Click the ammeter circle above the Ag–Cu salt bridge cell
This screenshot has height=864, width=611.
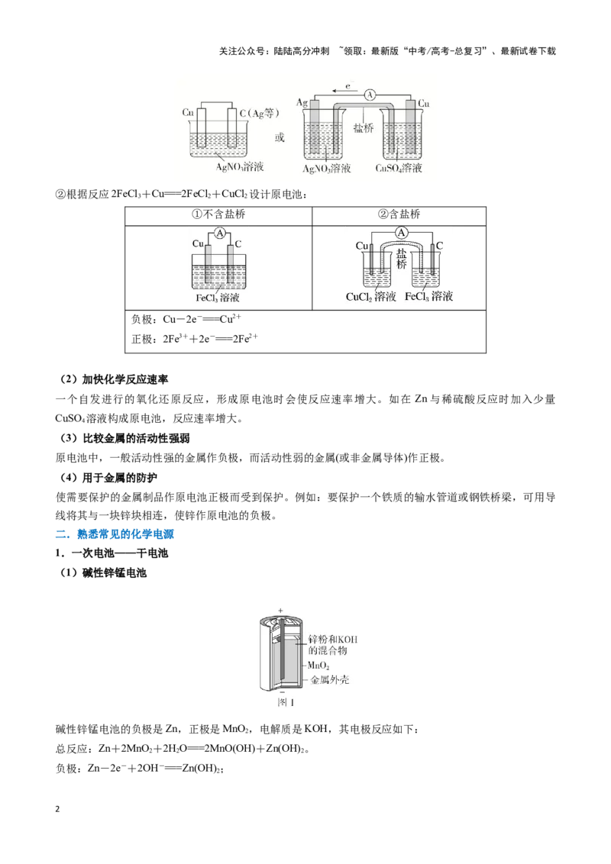click(x=370, y=95)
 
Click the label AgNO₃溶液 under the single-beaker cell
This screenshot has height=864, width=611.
click(x=239, y=166)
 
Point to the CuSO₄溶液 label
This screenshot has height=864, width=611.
click(x=398, y=168)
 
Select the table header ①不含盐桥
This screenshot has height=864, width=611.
click(x=218, y=214)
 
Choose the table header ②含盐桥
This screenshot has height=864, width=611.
click(x=399, y=214)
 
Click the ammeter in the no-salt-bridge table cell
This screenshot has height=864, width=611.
click(x=220, y=234)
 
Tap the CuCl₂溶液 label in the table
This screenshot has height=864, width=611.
click(x=370, y=297)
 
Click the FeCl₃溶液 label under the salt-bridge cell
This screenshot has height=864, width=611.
click(x=428, y=296)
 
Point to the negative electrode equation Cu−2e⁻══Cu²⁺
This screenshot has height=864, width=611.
click(x=186, y=319)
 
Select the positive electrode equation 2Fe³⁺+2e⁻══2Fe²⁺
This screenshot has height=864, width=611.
click(x=194, y=339)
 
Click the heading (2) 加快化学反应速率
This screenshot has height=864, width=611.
click(x=114, y=379)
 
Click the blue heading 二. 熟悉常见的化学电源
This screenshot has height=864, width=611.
click(x=115, y=534)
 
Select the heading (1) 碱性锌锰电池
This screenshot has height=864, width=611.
click(x=103, y=573)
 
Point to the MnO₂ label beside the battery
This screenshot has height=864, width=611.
click(x=318, y=666)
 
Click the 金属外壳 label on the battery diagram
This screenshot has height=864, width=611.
click(x=329, y=680)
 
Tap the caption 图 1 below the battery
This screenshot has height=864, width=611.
click(x=286, y=702)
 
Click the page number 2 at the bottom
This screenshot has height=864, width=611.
click(x=57, y=810)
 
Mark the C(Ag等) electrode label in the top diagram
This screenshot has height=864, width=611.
click(x=259, y=114)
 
